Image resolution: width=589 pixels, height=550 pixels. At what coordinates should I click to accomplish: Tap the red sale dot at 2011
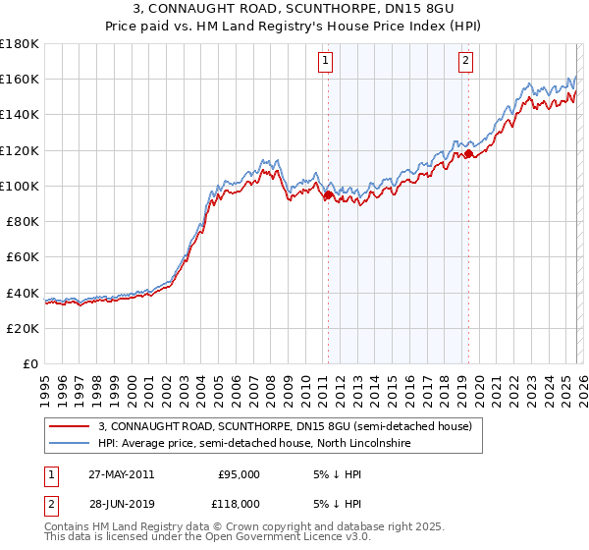327,194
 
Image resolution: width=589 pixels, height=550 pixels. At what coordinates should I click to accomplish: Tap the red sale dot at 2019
468,153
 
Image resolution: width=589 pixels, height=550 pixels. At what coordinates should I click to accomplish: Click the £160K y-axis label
20,79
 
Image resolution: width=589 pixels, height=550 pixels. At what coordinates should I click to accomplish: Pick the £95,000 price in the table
239,474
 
